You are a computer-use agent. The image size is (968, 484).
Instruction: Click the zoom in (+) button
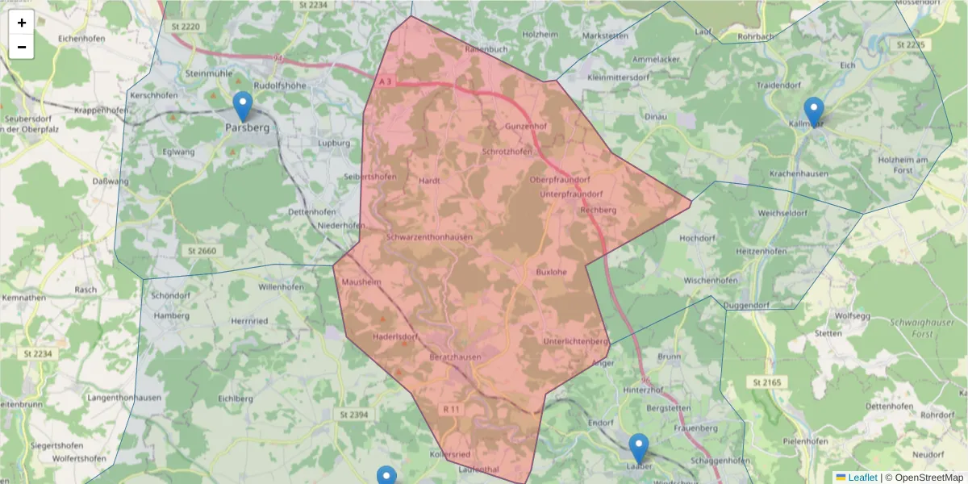[22, 23]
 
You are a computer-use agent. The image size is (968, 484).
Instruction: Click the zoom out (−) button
[22, 47]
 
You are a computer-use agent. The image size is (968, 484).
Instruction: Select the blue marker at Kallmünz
[814, 112]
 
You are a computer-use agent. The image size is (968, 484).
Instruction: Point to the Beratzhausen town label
[455, 357]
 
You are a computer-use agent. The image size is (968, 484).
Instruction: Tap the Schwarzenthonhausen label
[429, 237]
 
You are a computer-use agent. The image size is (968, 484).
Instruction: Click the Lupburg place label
[334, 144]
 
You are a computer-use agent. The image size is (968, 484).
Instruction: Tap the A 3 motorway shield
[386, 81]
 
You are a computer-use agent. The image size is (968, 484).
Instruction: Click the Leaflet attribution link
[862, 478]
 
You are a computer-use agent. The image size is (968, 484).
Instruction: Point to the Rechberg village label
[599, 210]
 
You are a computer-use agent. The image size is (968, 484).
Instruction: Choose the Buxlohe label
[552, 272]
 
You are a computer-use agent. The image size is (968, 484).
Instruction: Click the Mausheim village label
[361, 282]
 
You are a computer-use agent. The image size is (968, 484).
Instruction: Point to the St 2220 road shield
[184, 27]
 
